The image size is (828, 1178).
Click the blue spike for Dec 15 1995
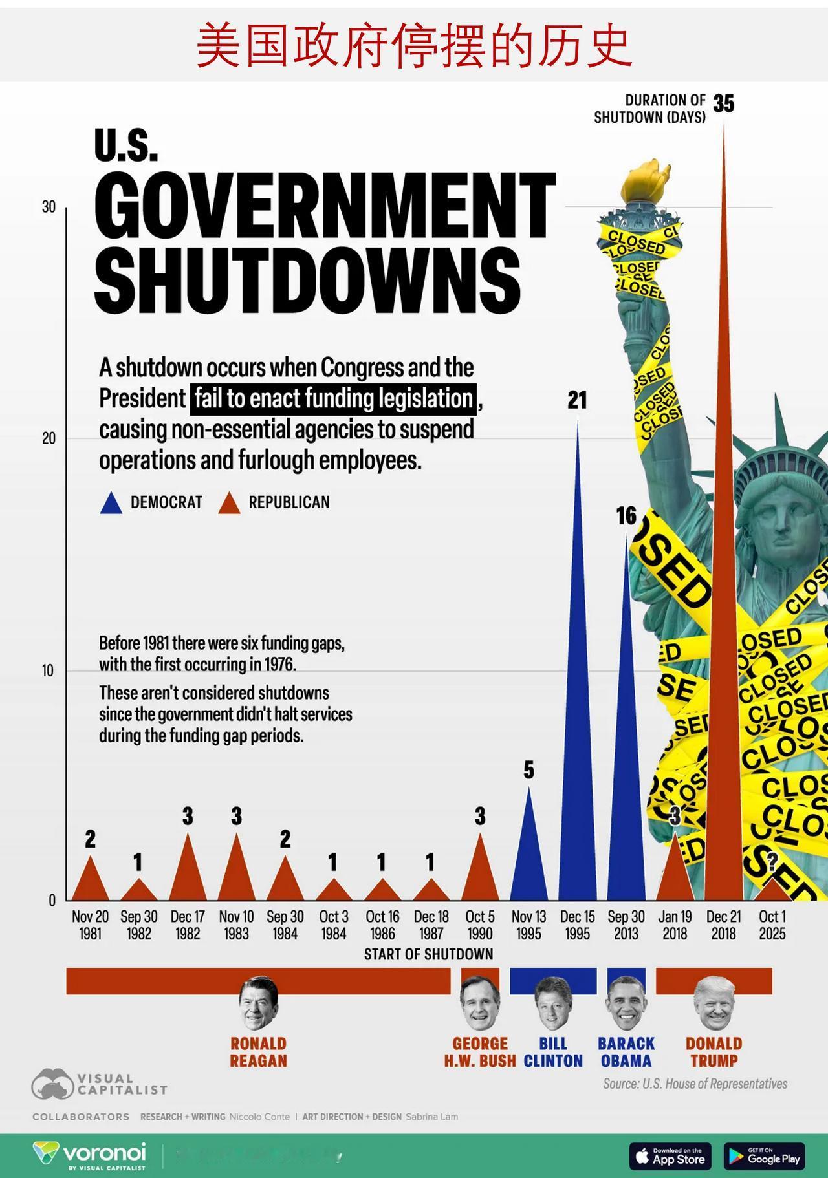point(578,744)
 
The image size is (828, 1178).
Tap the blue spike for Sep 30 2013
point(626,776)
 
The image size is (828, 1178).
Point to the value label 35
point(724,103)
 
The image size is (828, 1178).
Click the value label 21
point(577,401)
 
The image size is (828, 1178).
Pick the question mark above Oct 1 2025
point(772,861)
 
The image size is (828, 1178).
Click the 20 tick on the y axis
point(49,438)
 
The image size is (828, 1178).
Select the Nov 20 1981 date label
point(90,925)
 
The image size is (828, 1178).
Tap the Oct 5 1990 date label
point(480,925)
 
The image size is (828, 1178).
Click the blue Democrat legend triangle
point(111,504)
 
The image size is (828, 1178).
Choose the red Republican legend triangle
point(229,504)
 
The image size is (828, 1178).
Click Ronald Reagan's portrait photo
point(258,1003)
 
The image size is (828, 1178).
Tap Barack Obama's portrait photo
point(626,1003)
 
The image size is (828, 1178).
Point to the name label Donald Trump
point(714,1052)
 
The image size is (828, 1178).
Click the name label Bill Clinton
point(553,1052)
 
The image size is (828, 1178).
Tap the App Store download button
point(670,1156)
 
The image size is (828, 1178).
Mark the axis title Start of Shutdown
point(428,954)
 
